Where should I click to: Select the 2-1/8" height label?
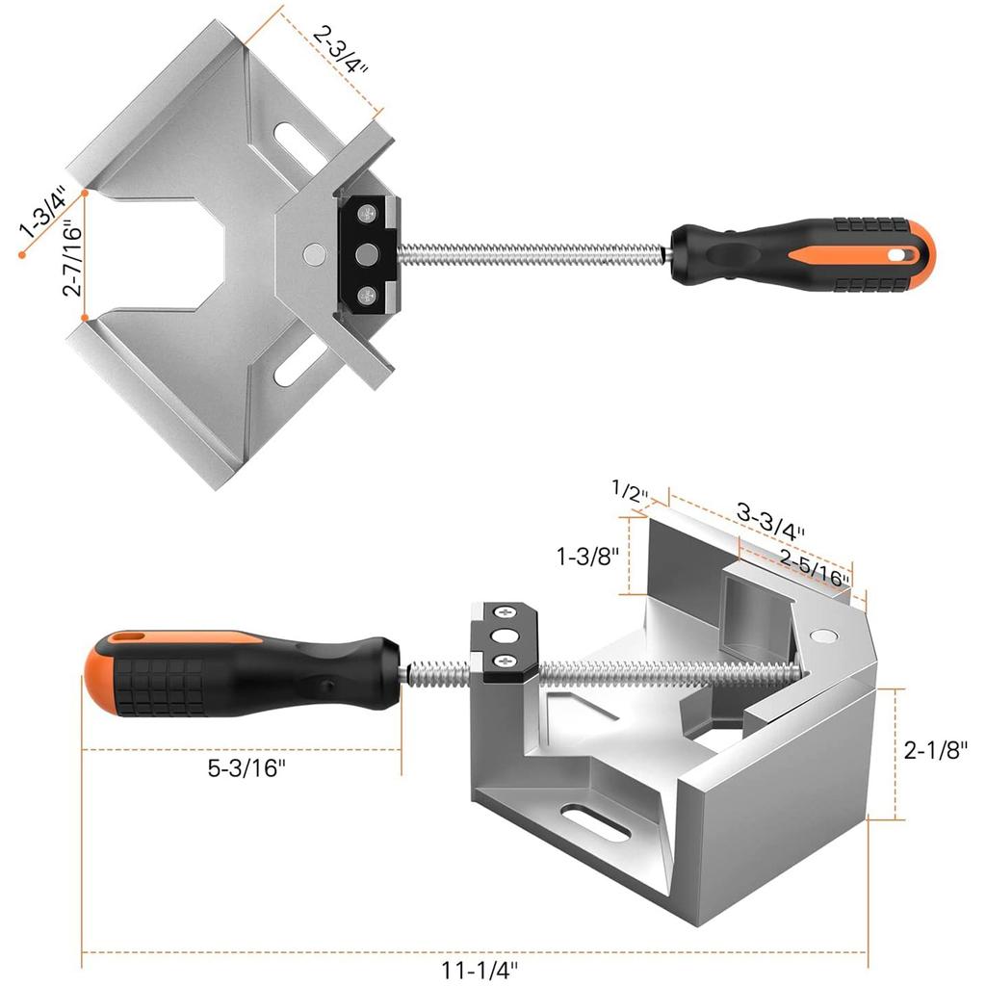coord(935,749)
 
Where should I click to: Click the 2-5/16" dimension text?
coord(815,568)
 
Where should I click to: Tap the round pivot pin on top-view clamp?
coord(312,253)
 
